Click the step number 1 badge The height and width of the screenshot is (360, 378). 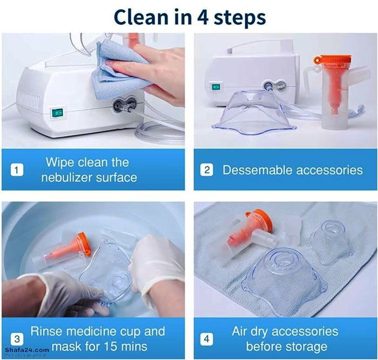[x=17, y=170]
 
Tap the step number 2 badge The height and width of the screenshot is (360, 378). [x=207, y=170]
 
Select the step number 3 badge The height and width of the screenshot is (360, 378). [x=17, y=339]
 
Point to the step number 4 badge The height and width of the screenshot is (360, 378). [x=207, y=339]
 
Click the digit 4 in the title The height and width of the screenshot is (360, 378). [x=202, y=17]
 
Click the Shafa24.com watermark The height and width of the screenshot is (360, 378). [x=27, y=350]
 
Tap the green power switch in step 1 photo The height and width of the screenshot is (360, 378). [x=58, y=112]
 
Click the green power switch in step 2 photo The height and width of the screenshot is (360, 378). [x=215, y=86]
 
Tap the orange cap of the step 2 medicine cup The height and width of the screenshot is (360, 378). [x=332, y=60]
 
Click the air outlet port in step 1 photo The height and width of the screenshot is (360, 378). [x=119, y=105]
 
